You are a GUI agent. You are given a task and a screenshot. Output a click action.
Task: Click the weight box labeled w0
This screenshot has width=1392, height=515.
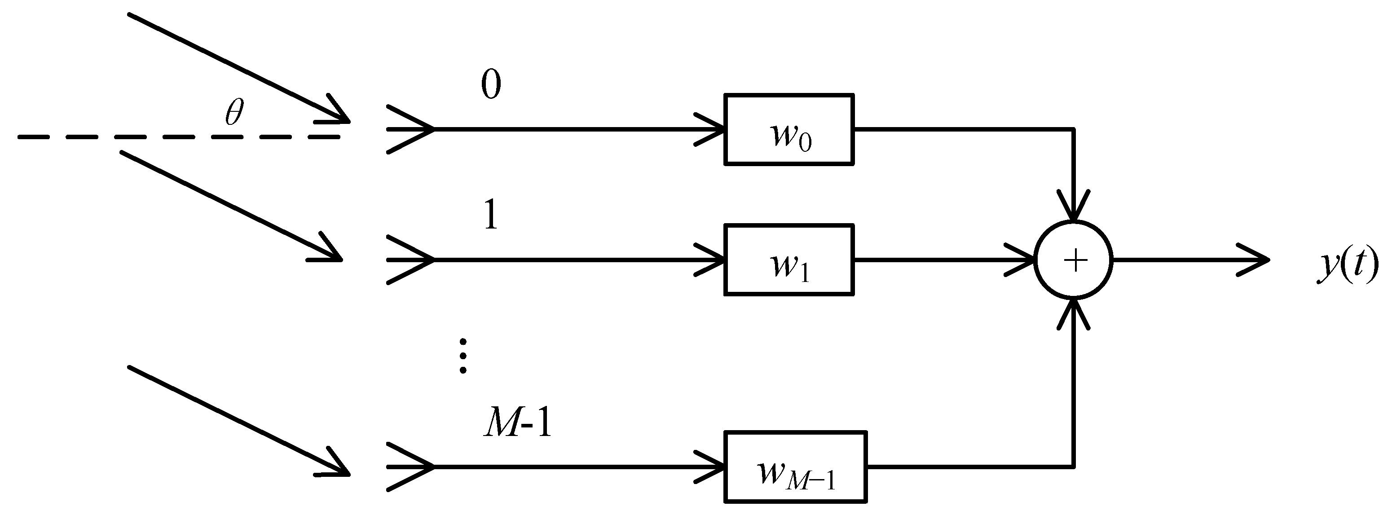pyautogui.click(x=789, y=130)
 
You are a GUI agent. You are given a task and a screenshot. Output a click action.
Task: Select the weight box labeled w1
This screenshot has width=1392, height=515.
pyautogui.click(x=789, y=260)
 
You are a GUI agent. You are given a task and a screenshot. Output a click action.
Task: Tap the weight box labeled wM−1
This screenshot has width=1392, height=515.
pyautogui.click(x=795, y=467)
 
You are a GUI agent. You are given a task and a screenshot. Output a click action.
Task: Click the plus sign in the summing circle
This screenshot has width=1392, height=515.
pyautogui.click(x=1075, y=260)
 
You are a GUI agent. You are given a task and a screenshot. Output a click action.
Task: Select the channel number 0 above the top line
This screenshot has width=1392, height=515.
pyautogui.click(x=491, y=85)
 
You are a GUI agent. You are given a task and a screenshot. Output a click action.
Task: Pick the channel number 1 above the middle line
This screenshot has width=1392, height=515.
pyautogui.click(x=491, y=215)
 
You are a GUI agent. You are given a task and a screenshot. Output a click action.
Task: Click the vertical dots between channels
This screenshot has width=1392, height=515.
pyautogui.click(x=463, y=356)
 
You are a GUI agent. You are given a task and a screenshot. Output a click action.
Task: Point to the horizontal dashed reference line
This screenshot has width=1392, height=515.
pyautogui.click(x=178, y=137)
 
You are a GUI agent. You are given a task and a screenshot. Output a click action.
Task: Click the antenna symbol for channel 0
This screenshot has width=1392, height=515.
pyautogui.click(x=411, y=130)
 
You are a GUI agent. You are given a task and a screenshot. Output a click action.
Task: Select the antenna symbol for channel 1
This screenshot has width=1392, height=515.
pyautogui.click(x=411, y=260)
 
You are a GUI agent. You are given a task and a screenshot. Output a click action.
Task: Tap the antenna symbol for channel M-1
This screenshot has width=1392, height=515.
pyautogui.click(x=411, y=467)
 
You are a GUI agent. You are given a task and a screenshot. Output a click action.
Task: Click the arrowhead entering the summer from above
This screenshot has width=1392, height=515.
pyautogui.click(x=1074, y=208)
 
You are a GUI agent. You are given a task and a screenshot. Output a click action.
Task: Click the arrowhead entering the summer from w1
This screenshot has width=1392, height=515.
pyautogui.click(x=1021, y=260)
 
